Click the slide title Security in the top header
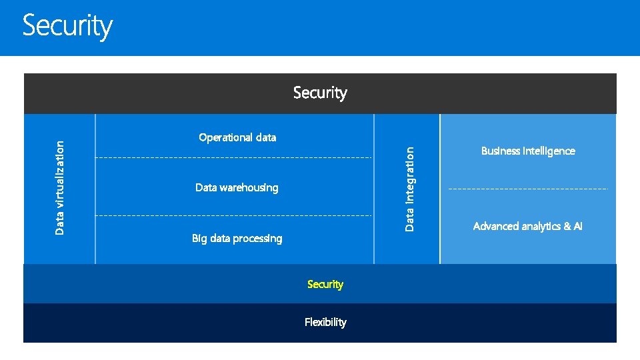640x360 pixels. point(67,27)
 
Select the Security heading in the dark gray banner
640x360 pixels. point(320,93)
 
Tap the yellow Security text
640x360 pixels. point(325,284)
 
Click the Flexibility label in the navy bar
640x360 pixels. point(325,322)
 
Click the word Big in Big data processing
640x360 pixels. point(199,239)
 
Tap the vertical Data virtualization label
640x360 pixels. point(60,187)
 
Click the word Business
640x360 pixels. point(501,151)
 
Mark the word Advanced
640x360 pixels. point(496,227)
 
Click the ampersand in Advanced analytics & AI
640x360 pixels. point(567,227)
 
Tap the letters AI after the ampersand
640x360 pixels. point(577,227)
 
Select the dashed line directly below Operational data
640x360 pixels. point(233,157)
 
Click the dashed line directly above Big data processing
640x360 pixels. point(233,216)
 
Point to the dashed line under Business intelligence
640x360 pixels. point(528,189)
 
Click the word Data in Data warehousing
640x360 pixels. point(206,188)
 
